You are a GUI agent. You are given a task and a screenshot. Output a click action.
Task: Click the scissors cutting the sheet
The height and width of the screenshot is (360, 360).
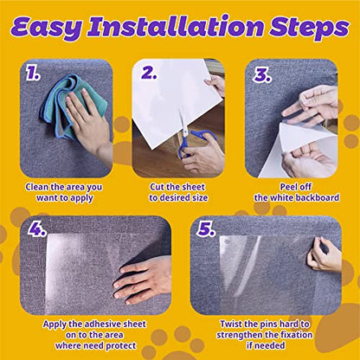189,144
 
